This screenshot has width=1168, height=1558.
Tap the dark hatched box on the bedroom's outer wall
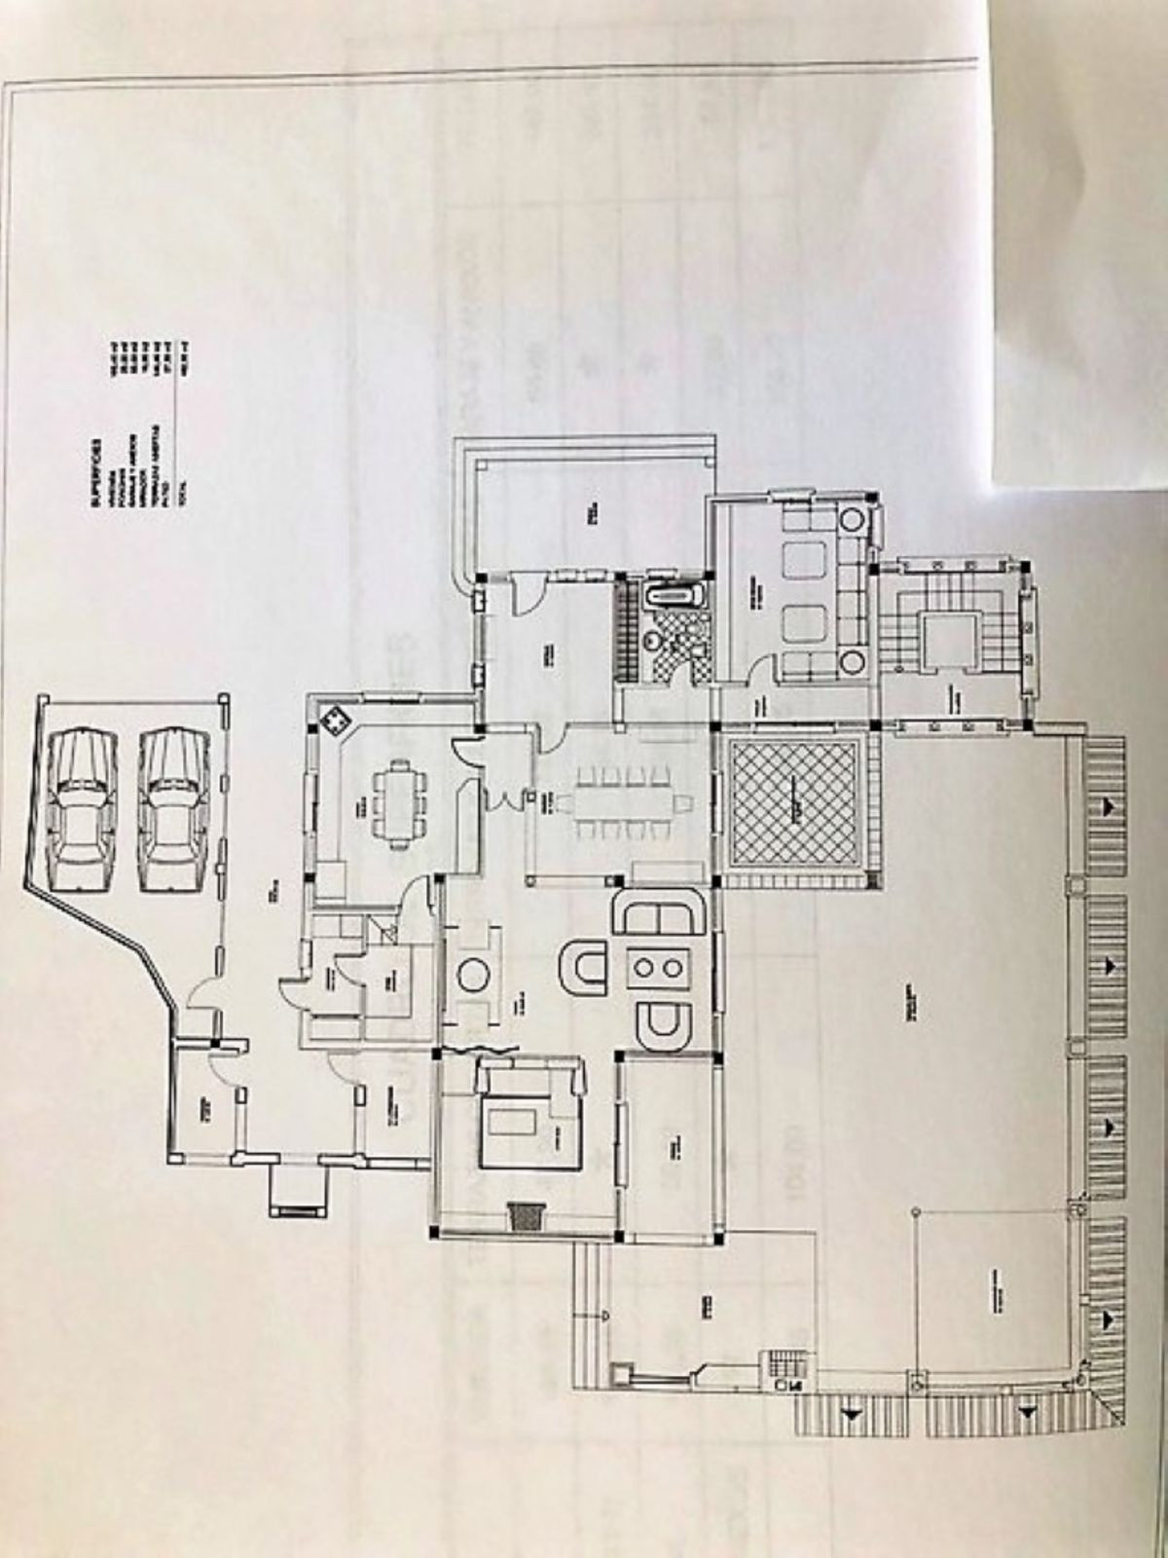[x=528, y=1217]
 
